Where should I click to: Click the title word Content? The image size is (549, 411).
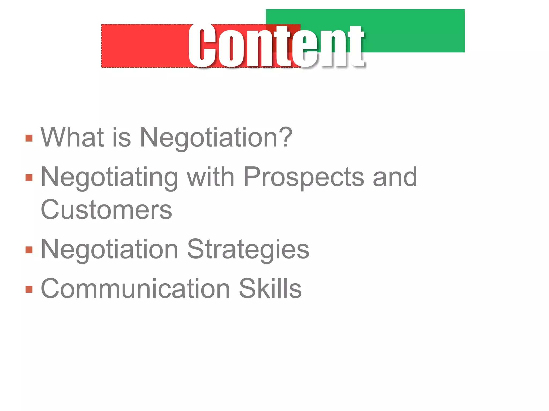tap(276, 45)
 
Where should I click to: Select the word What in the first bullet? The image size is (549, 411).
tap(72, 137)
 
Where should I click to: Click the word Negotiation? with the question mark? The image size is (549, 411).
tap(216, 138)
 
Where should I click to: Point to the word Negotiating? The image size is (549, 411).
tap(109, 177)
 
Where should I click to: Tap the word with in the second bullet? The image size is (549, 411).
tap(211, 177)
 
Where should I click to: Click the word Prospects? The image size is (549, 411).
tap(304, 177)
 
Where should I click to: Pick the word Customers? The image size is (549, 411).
tap(106, 210)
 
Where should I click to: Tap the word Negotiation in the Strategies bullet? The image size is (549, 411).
tap(109, 249)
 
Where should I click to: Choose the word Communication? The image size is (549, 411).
tap(135, 288)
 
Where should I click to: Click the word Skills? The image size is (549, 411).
tap(270, 288)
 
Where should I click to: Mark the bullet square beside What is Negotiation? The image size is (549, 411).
tap(29, 138)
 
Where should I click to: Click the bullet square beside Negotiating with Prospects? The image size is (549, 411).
tap(29, 178)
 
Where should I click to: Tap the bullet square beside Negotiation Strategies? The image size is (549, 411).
tap(29, 250)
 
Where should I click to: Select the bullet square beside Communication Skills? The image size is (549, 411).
tap(29, 289)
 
